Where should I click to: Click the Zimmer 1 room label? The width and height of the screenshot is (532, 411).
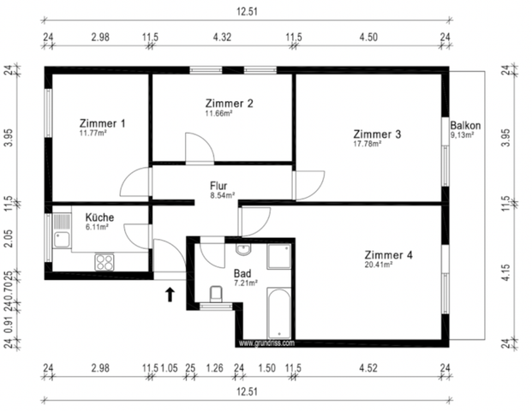[x=103, y=123]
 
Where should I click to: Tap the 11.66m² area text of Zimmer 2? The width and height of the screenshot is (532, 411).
[x=218, y=113]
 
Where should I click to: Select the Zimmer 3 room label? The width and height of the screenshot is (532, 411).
[x=377, y=134]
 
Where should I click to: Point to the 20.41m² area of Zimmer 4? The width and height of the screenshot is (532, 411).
[x=379, y=265]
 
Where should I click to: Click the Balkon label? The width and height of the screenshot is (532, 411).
[x=465, y=126]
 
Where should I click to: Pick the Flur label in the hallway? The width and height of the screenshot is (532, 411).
[x=218, y=186]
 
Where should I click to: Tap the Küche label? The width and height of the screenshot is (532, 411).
[x=99, y=217]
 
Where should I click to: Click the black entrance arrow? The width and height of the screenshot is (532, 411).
[x=170, y=295]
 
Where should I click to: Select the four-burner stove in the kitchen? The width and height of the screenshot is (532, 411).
[x=105, y=262]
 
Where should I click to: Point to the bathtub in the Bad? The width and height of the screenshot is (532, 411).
[x=279, y=313]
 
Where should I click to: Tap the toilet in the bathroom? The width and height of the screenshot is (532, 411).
[x=216, y=294]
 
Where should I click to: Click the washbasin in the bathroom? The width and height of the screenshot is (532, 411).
[x=243, y=249]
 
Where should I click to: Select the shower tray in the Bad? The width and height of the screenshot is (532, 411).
[x=279, y=256]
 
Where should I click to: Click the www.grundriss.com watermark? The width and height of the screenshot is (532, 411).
[x=266, y=343]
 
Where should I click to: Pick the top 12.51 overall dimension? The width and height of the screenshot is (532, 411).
[x=247, y=12]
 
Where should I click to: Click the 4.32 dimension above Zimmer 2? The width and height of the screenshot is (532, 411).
[x=222, y=37]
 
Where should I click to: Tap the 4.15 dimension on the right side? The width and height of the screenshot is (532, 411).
[x=505, y=272]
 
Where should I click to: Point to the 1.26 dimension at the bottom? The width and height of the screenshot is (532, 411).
[x=214, y=368]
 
